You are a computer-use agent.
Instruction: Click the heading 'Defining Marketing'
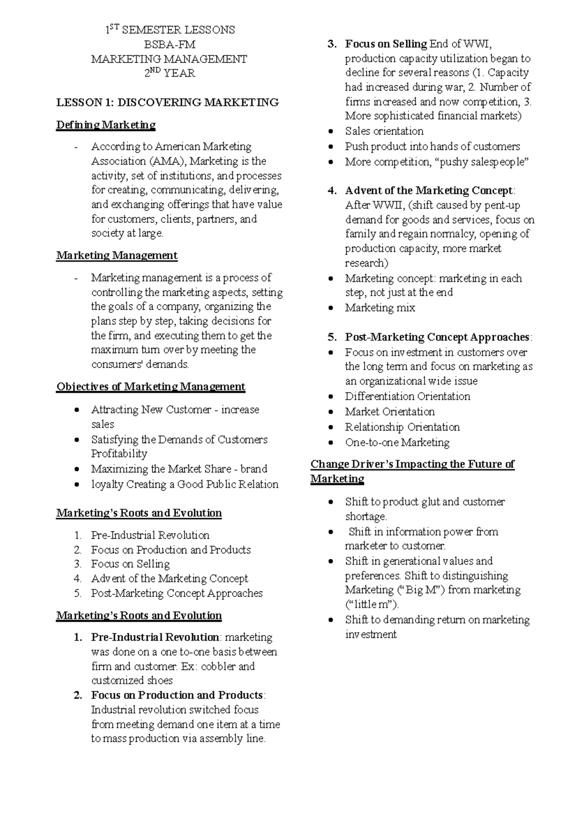click(106, 125)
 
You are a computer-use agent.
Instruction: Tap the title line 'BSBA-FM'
click(170, 45)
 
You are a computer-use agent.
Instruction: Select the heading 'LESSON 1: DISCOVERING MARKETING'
click(167, 102)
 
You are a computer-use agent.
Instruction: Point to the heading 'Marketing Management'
click(117, 255)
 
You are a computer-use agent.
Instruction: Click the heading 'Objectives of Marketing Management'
click(151, 387)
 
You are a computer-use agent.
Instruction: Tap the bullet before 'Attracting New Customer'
click(78, 410)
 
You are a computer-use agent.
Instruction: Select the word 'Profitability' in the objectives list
click(119, 454)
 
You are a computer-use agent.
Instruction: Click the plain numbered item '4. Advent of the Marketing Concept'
click(169, 579)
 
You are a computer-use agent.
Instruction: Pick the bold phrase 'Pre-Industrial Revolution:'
click(156, 637)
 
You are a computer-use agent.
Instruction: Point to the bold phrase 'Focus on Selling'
click(386, 44)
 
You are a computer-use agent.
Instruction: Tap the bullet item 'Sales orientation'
click(384, 131)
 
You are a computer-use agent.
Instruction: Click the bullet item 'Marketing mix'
click(380, 308)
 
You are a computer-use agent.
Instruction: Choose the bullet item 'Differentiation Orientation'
click(407, 396)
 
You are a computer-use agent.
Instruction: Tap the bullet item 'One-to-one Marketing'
click(397, 443)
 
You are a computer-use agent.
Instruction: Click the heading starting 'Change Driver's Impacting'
click(412, 465)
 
